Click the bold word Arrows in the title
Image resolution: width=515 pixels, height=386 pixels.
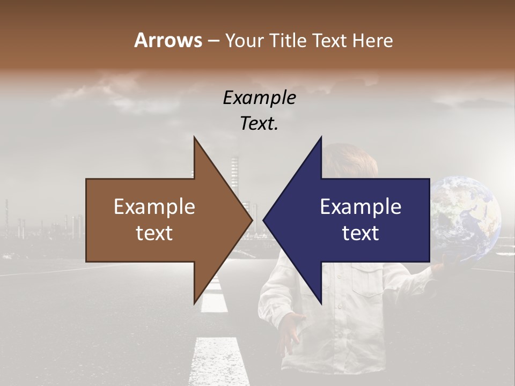tap(167, 40)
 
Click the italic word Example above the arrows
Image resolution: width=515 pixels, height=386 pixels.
tap(259, 98)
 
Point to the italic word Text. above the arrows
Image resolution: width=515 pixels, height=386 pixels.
tap(259, 124)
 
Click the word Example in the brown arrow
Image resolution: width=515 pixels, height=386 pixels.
tap(154, 207)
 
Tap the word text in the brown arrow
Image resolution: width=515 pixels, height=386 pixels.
tap(154, 233)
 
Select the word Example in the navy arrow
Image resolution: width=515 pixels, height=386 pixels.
tap(360, 207)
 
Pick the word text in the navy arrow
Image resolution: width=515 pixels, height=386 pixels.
tap(360, 233)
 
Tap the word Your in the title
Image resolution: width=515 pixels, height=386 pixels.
tap(242, 40)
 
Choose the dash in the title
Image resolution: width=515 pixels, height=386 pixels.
tap(212, 40)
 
